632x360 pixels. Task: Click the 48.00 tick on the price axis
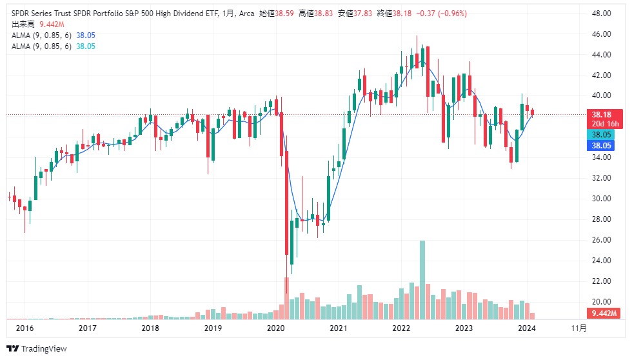601,13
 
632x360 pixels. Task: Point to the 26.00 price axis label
601,240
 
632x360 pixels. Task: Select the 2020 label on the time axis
275,328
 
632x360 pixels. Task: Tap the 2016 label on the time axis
25,328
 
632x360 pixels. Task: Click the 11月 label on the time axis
579,328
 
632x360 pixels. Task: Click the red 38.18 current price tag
601,114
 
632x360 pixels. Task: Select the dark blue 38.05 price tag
601,146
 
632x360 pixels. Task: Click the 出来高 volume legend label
23,24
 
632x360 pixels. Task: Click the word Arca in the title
246,13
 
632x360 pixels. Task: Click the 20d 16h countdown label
601,123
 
